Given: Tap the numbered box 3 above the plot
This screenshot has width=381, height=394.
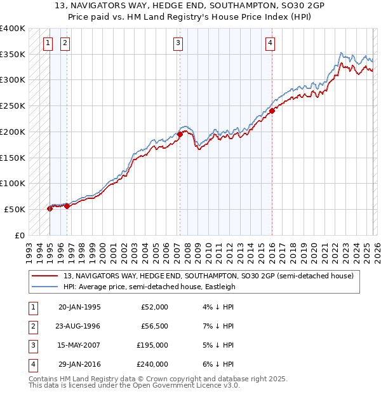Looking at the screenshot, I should (178, 43).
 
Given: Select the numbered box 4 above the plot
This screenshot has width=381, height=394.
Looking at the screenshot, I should (270, 43).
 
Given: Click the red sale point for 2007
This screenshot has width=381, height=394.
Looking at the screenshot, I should (180, 134).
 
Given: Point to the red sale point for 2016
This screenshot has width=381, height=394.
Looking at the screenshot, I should (272, 111).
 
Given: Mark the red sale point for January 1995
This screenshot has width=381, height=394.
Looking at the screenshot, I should (50, 208).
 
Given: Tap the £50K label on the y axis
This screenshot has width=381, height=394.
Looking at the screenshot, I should (15, 209).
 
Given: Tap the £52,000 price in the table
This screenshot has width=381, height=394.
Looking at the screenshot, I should (154, 306).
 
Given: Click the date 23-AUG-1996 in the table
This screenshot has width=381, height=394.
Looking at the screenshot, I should (79, 325).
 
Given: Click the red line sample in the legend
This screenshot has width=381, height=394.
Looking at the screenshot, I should (45, 276).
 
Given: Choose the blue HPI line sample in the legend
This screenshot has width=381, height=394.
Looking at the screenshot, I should (45, 287).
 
